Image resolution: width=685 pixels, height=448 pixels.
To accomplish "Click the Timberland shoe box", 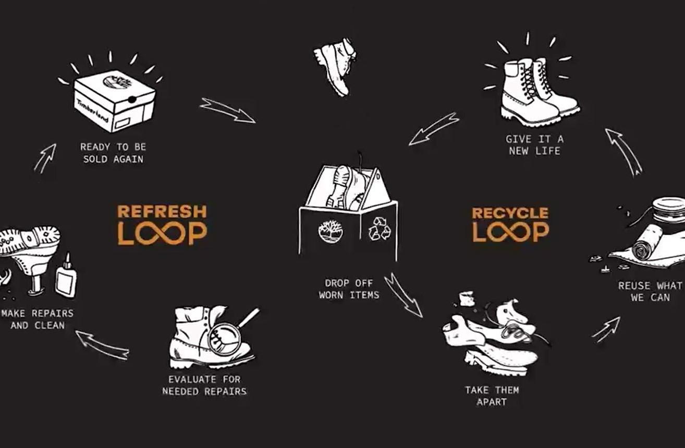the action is tap(115, 101).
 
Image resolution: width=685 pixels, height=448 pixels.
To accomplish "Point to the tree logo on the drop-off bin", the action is tap(331, 232).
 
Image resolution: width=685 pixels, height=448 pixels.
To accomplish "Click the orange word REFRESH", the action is tap(162, 211).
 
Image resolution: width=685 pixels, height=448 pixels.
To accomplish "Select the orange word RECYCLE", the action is tap(510, 213).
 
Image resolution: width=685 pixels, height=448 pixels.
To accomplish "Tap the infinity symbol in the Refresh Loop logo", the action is tap(162, 234).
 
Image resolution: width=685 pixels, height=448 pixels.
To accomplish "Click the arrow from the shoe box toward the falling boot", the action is tap(227, 110).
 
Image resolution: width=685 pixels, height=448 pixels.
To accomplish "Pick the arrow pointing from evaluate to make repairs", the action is tap(103, 345).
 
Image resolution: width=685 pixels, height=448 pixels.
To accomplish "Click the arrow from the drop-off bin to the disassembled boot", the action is tap(403, 295).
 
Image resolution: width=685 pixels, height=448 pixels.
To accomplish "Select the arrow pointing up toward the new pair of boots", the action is tap(624, 152).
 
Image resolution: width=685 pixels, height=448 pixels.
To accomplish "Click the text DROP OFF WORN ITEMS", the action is tap(349, 289).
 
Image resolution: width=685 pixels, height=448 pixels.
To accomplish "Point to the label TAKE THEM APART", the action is tap(492, 396).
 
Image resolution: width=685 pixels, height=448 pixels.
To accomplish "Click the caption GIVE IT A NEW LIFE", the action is tap(534, 145).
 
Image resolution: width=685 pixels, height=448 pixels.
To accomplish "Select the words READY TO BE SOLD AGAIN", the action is tap(113, 153).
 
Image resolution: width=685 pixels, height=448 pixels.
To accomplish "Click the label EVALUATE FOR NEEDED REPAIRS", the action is tap(204, 385).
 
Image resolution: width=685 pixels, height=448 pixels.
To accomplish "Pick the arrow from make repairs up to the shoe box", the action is tap(45, 158).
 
